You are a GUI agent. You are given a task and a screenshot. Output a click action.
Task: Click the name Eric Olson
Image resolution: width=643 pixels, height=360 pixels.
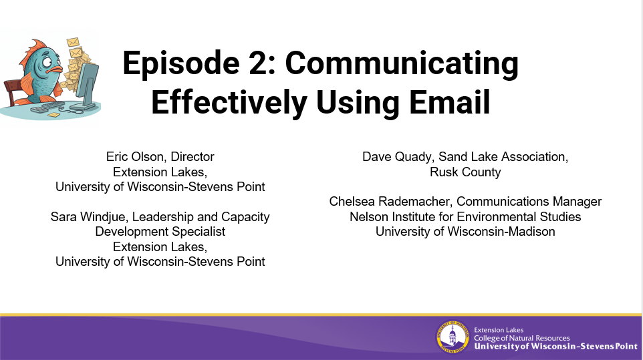(137, 157)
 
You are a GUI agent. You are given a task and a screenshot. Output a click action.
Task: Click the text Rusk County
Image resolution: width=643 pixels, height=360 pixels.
(465, 172)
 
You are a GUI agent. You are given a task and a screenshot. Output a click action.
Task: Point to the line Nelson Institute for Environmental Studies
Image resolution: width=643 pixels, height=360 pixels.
(465, 216)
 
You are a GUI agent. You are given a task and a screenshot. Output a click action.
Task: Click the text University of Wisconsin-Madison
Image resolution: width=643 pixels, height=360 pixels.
(465, 232)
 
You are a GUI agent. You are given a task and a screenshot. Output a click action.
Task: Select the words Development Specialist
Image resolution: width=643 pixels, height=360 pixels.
(160, 232)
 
